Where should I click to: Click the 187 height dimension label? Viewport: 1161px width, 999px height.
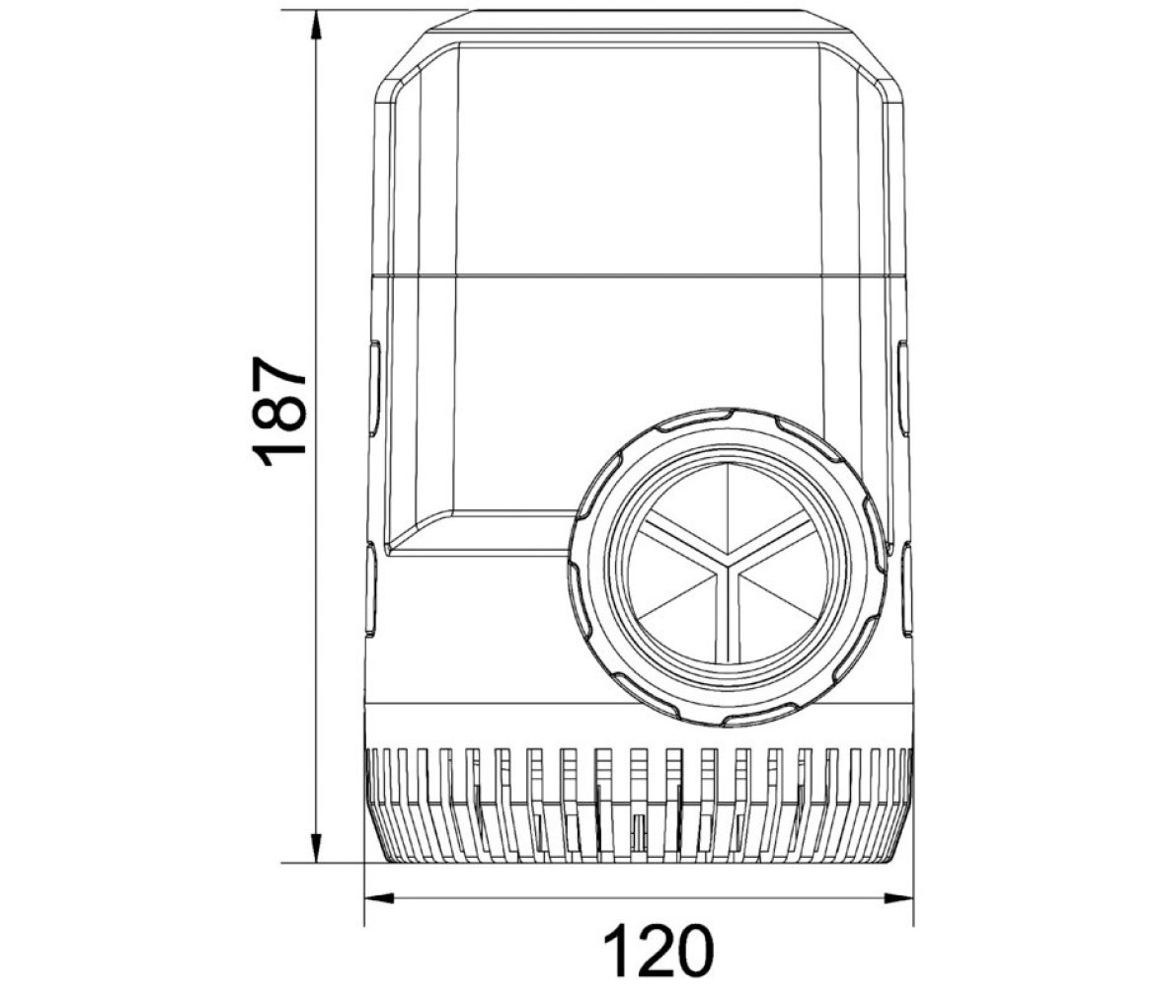(x=279, y=412)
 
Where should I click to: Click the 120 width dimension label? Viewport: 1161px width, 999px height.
(x=658, y=950)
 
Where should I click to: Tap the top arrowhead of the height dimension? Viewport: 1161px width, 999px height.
(x=316, y=25)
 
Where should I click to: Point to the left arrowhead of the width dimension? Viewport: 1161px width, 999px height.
(x=378, y=898)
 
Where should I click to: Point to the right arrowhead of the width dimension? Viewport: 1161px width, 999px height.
(x=898, y=898)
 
